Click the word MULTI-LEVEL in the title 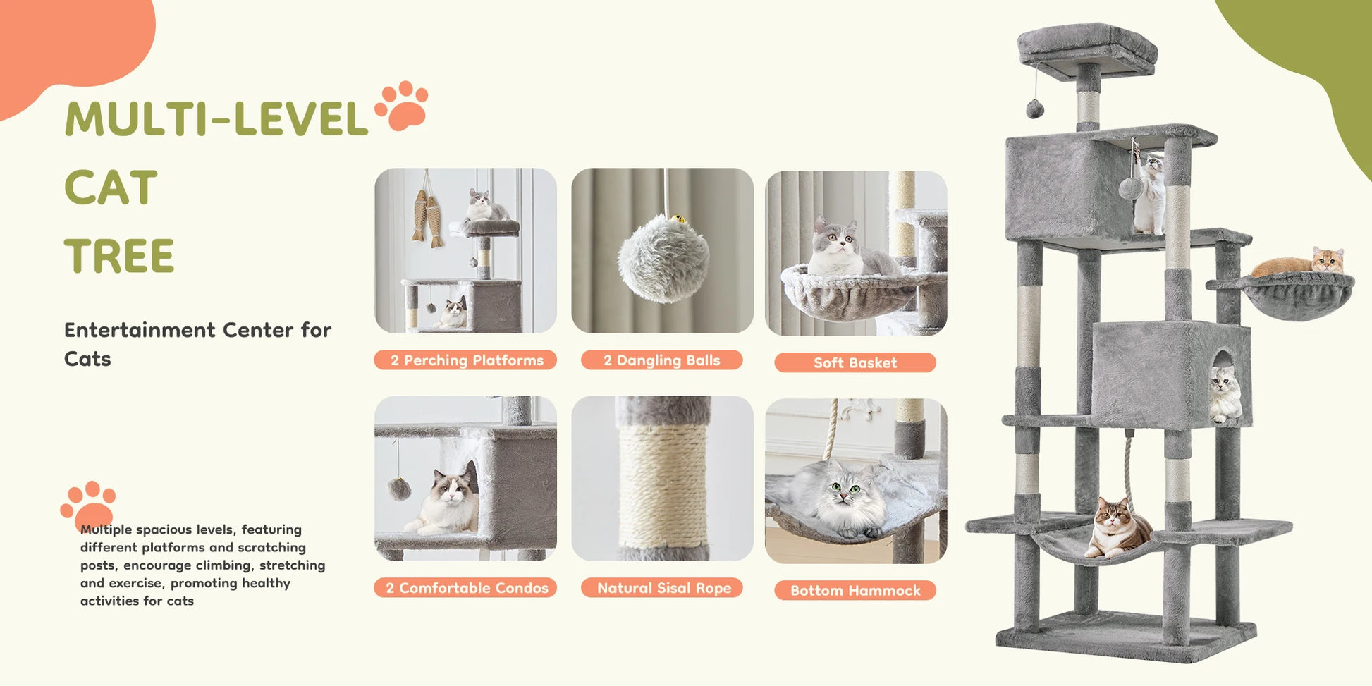click(x=216, y=118)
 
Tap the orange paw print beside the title click(x=402, y=106)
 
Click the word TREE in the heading click(x=118, y=256)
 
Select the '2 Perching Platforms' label click(x=465, y=360)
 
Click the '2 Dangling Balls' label click(x=661, y=360)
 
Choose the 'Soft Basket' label click(x=855, y=362)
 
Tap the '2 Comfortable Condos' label click(x=465, y=588)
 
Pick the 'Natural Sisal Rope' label click(x=661, y=588)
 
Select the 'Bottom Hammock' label click(x=855, y=591)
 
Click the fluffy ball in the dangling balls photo click(x=663, y=259)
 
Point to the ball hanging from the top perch click(x=1034, y=109)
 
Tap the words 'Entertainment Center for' click(x=197, y=330)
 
